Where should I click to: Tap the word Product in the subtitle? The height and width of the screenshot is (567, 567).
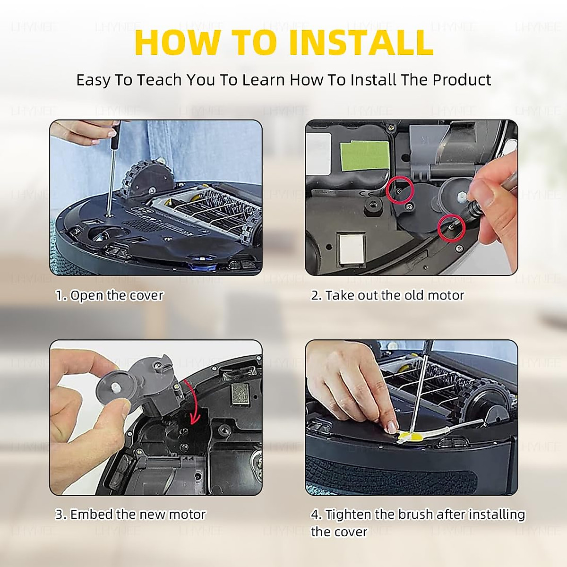[x=462, y=80]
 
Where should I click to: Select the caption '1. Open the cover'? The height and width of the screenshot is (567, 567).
[x=110, y=295]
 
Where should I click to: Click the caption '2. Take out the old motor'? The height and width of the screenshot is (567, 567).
[x=387, y=295]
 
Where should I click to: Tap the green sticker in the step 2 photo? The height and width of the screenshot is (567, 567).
[x=364, y=156]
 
